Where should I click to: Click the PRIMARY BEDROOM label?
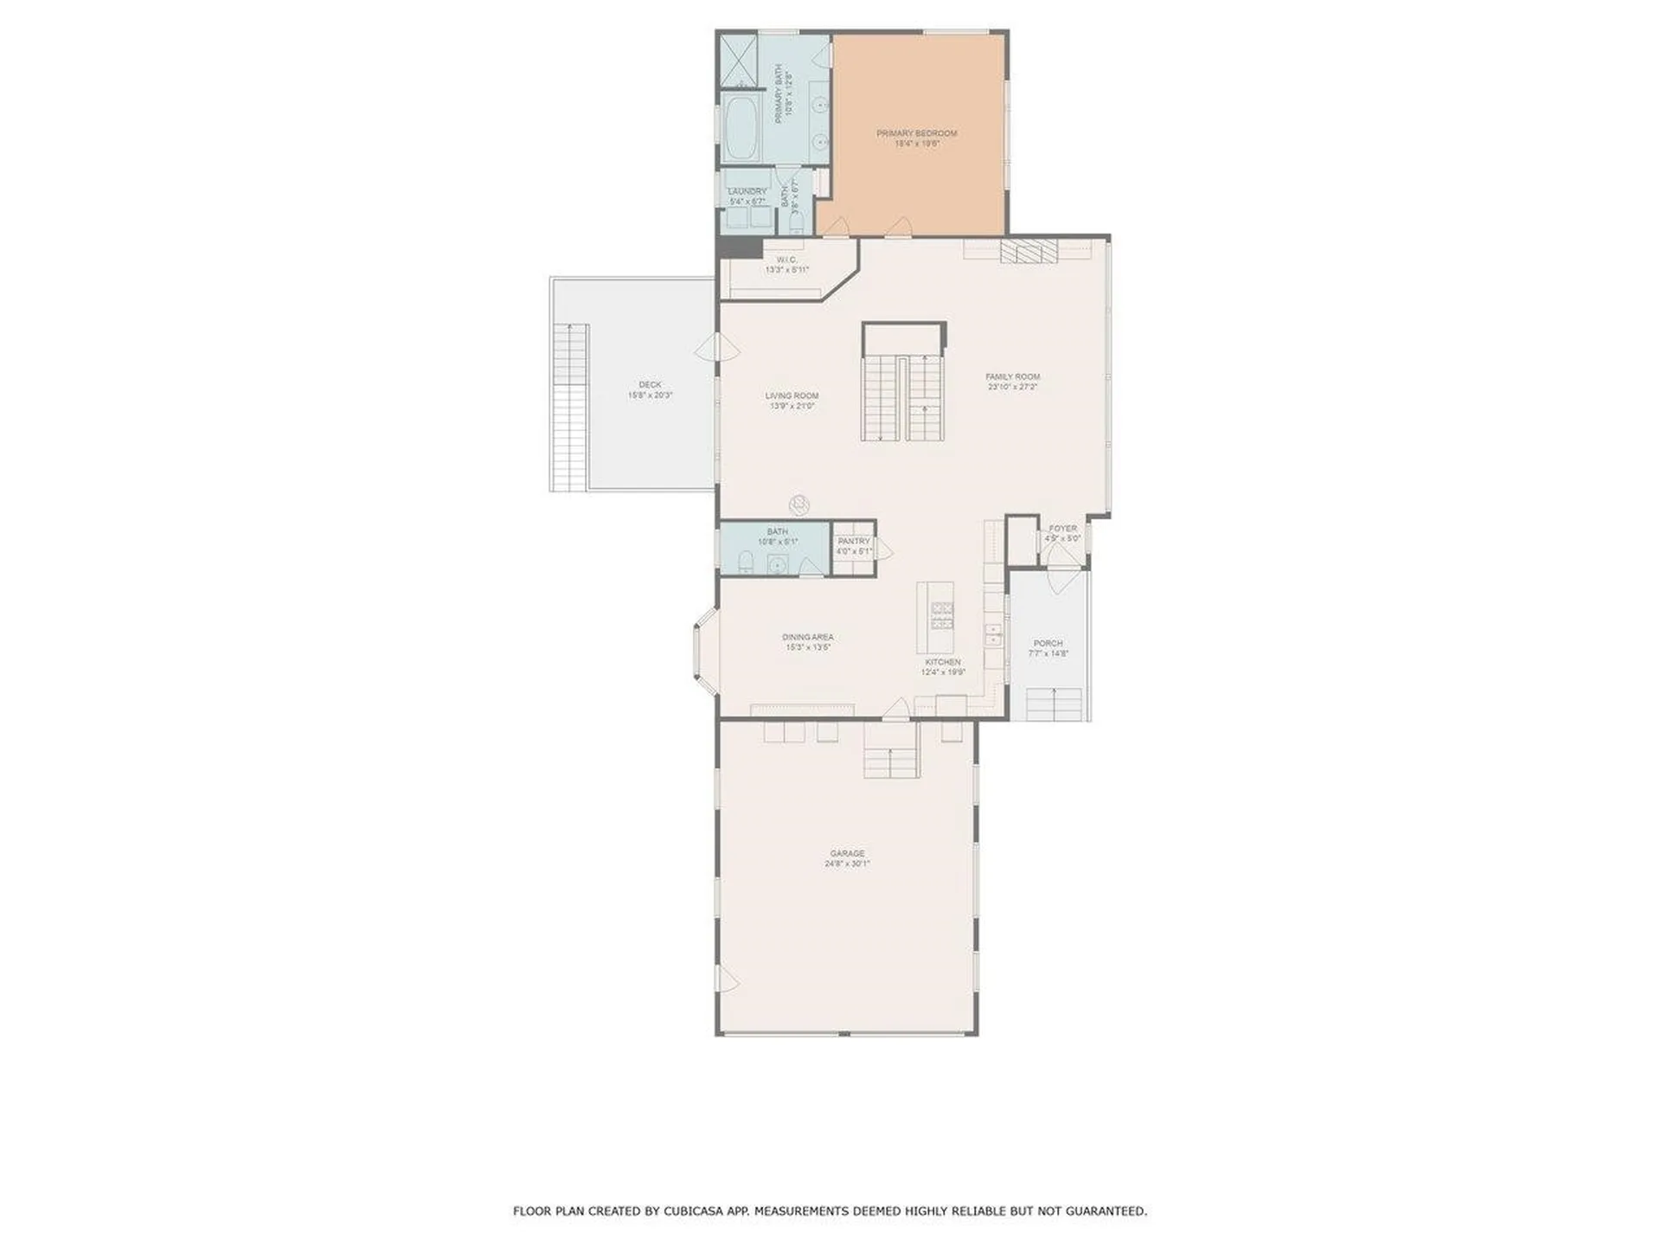[916, 133]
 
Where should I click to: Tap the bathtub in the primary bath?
[741, 129]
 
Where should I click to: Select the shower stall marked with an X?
[739, 59]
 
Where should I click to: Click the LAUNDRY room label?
[747, 191]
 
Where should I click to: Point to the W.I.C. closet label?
[786, 260]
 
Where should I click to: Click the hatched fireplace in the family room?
[1029, 251]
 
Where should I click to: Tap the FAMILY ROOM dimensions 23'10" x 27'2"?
[1012, 388]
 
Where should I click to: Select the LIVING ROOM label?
[792, 395]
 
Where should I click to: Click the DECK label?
[650, 384]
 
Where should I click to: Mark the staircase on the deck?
[569, 407]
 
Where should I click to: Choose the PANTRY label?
[853, 541]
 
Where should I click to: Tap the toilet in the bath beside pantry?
[746, 563]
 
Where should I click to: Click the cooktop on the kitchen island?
[941, 614]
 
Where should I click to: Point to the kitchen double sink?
[994, 634]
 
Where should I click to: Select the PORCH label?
[1048, 643]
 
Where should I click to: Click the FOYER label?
[1062, 528]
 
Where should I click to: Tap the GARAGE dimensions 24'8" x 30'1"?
[847, 864]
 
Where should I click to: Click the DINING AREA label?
[807, 637]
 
